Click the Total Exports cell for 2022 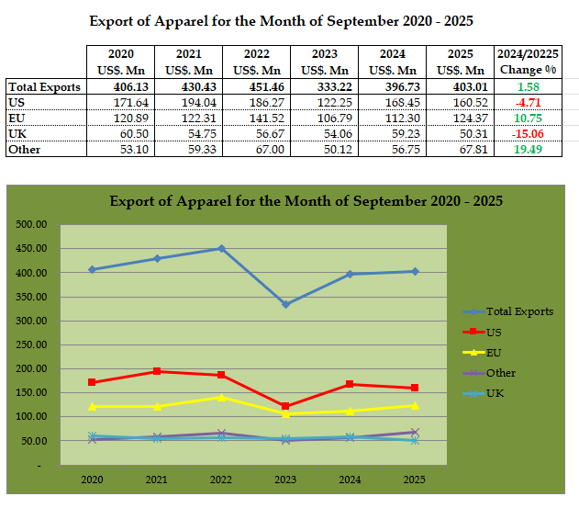click(255, 86)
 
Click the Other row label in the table click(24, 149)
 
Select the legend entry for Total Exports click(519, 311)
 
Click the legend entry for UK click(495, 393)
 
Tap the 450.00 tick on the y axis click(33, 248)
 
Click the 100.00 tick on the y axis click(33, 416)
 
